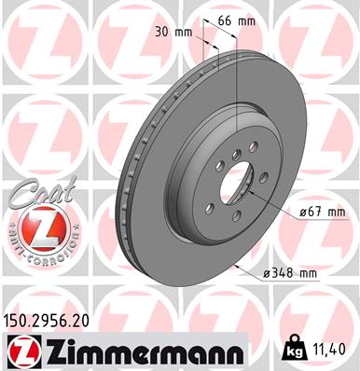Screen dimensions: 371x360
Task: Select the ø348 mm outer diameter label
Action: pyautogui.click(x=290, y=274)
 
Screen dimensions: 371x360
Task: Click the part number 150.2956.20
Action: pyautogui.click(x=52, y=319)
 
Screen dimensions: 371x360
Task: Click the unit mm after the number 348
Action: pyautogui.click(x=307, y=274)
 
